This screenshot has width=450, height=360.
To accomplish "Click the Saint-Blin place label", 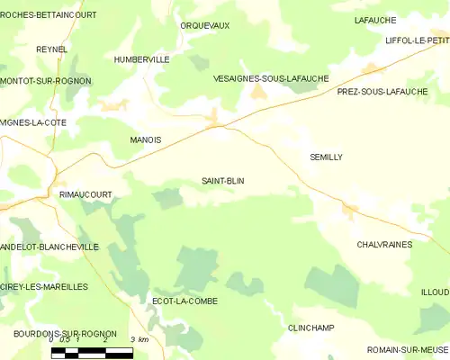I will pos(223,181).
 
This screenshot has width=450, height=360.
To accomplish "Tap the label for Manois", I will pos(146,140).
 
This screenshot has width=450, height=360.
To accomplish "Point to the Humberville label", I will pos(142,59).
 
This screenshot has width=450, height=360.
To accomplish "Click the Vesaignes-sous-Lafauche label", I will pos(270,79).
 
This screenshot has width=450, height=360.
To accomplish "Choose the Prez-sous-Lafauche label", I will pos(382,92).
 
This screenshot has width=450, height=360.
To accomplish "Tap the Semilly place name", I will pos(326,157).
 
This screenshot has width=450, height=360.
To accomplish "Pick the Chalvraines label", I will pos(384,244).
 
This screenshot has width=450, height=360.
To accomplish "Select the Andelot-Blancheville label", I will pos(49,246).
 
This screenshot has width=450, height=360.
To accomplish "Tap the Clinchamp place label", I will pos(311,328).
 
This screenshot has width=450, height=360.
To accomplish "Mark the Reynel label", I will pos(52,49).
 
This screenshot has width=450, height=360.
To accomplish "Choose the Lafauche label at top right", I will pos(376,20).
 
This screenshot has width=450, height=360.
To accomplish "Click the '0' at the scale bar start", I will pos(51,340).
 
